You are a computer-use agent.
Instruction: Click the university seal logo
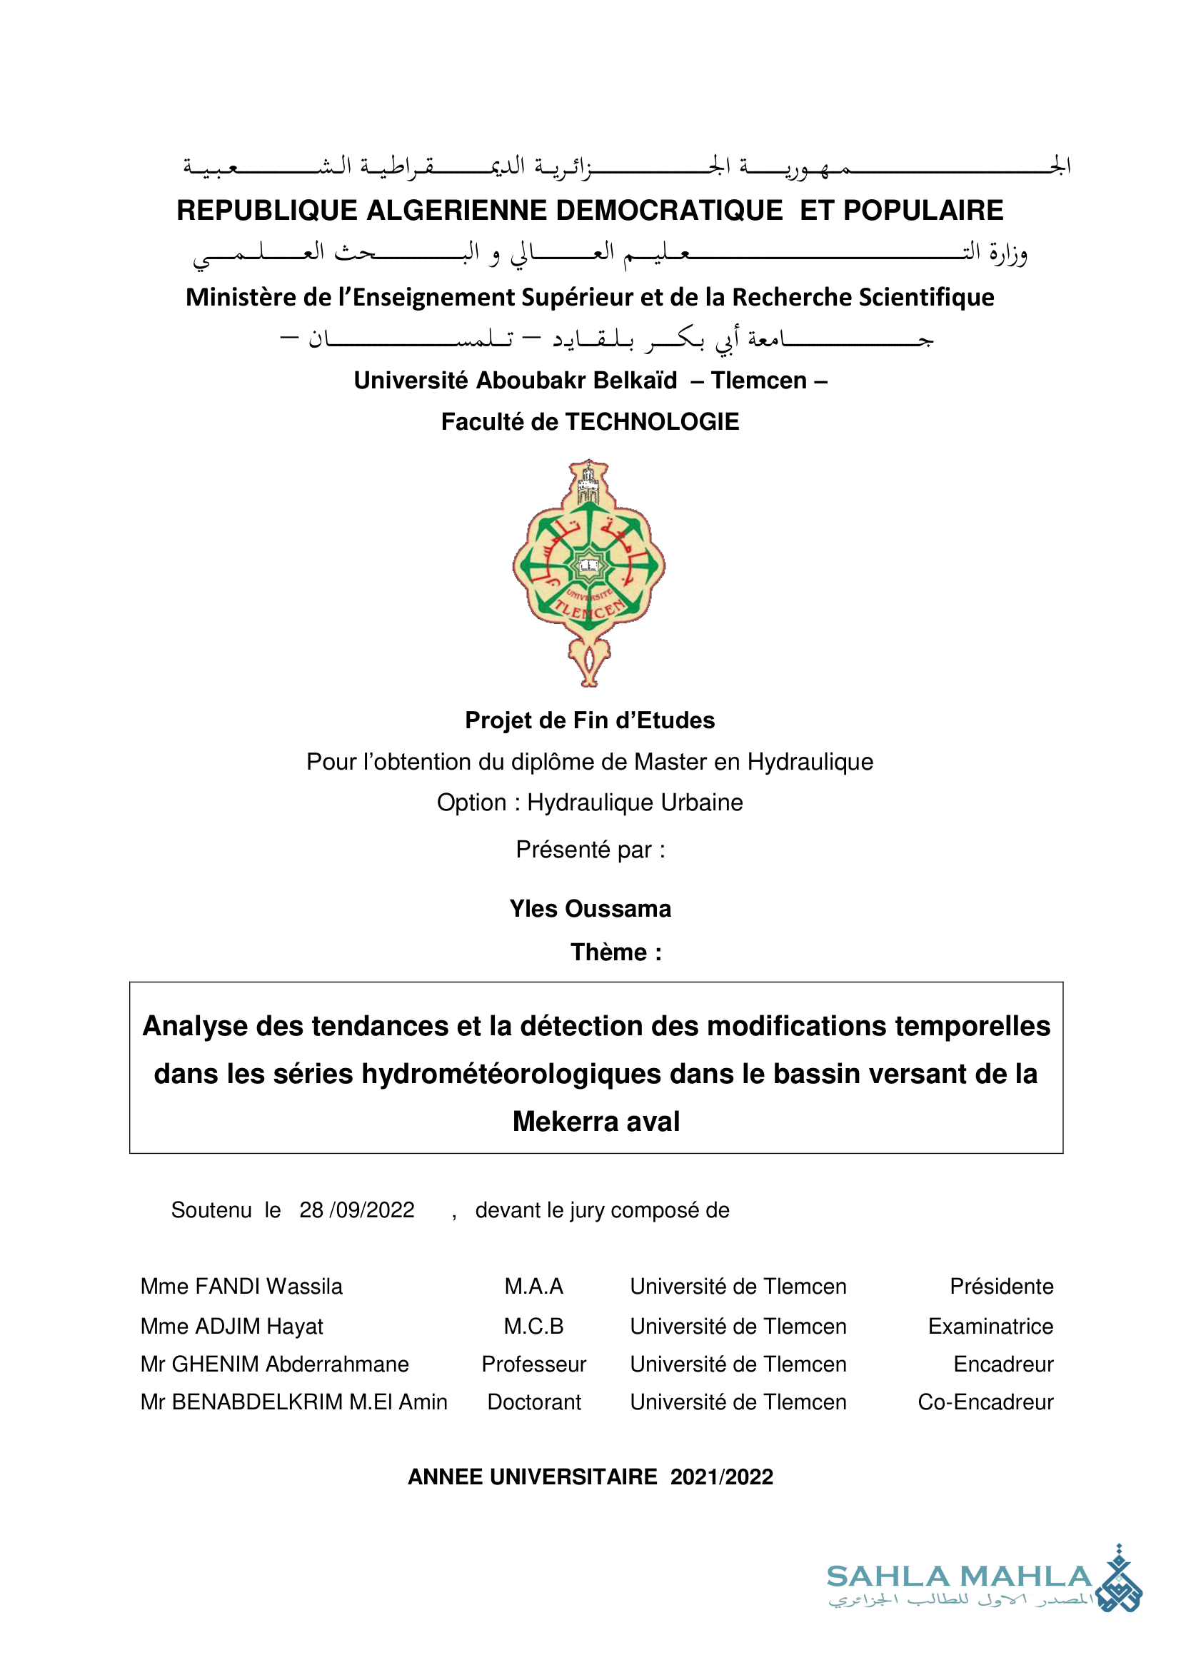(x=589, y=573)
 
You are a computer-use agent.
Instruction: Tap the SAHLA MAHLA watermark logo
(x=983, y=1587)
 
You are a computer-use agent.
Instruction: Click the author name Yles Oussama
(x=590, y=909)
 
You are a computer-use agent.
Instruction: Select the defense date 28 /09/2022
(x=356, y=1210)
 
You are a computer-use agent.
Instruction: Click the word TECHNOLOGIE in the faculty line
(x=652, y=422)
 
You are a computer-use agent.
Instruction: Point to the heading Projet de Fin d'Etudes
(x=590, y=720)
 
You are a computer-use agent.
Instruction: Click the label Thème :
(x=615, y=952)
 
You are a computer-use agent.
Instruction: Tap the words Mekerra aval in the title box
(x=595, y=1122)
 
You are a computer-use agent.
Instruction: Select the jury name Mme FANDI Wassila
(x=241, y=1286)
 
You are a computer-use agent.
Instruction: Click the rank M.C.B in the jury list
(x=534, y=1326)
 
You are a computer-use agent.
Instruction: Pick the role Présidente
(x=1000, y=1286)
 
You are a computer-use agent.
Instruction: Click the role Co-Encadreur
(x=985, y=1402)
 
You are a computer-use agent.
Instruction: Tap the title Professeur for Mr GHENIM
(x=534, y=1364)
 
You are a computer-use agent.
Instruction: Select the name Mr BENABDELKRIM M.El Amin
(x=293, y=1402)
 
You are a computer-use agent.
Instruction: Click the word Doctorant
(x=534, y=1402)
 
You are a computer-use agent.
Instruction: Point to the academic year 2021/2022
(x=721, y=1477)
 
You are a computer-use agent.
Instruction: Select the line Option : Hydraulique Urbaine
(x=590, y=803)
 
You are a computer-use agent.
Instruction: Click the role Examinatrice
(x=990, y=1326)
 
